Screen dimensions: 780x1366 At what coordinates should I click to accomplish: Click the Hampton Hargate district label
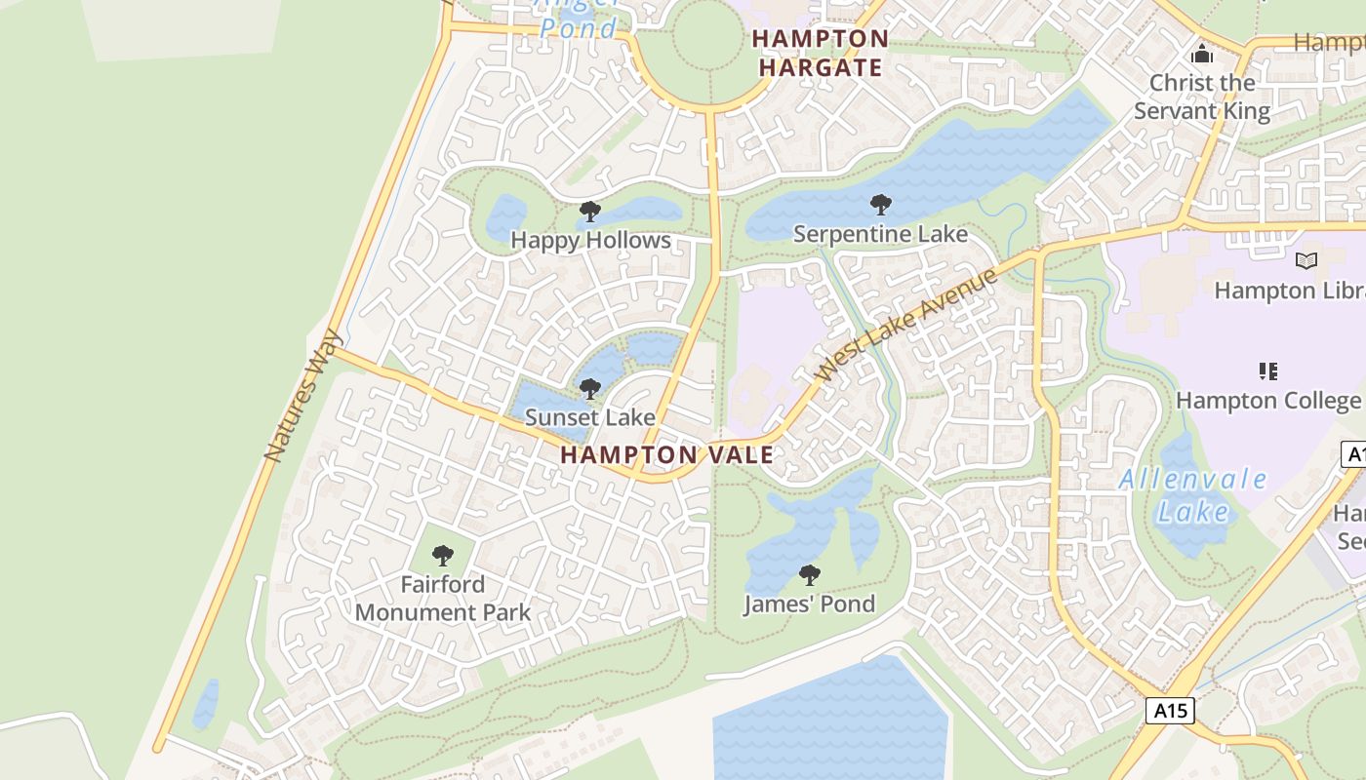click(820, 53)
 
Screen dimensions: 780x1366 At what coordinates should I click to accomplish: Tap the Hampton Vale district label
click(667, 454)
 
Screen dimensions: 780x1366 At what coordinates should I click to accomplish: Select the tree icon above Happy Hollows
click(589, 212)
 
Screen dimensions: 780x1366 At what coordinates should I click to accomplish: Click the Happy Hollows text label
click(590, 240)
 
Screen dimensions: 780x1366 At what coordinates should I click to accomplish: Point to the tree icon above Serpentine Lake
click(880, 205)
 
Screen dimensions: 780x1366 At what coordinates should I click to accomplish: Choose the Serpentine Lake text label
click(880, 234)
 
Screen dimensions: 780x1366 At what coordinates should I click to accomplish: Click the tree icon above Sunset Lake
click(589, 390)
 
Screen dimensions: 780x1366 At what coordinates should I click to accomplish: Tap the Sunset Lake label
click(590, 417)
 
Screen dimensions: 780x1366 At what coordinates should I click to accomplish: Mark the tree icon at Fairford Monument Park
click(443, 556)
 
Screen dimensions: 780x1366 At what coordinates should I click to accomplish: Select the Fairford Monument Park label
click(443, 598)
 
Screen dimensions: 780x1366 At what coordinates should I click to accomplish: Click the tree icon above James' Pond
click(809, 575)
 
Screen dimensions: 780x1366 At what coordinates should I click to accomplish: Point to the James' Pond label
click(809, 604)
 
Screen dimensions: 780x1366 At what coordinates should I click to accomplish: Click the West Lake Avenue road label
click(906, 324)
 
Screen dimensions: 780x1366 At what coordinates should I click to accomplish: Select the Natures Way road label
click(303, 395)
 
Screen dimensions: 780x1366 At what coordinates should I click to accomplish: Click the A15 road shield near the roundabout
click(1169, 711)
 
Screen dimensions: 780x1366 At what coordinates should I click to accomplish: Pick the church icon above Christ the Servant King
click(1202, 54)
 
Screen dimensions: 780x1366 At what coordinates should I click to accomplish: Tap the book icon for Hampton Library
click(1306, 260)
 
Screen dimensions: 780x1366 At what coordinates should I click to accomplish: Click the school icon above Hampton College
click(1267, 370)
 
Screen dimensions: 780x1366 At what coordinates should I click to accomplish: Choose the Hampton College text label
click(1267, 401)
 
